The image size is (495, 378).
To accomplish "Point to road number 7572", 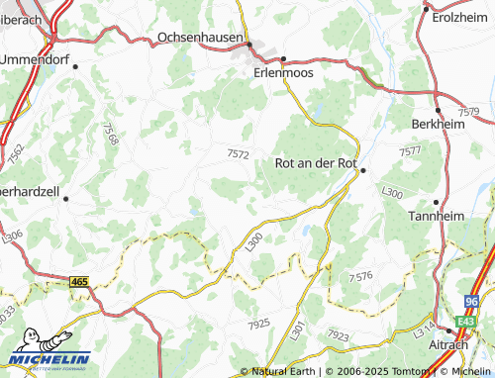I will [238, 153].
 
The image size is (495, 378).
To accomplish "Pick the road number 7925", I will [259, 324].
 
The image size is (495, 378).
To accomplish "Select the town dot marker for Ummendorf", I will [75, 65].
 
